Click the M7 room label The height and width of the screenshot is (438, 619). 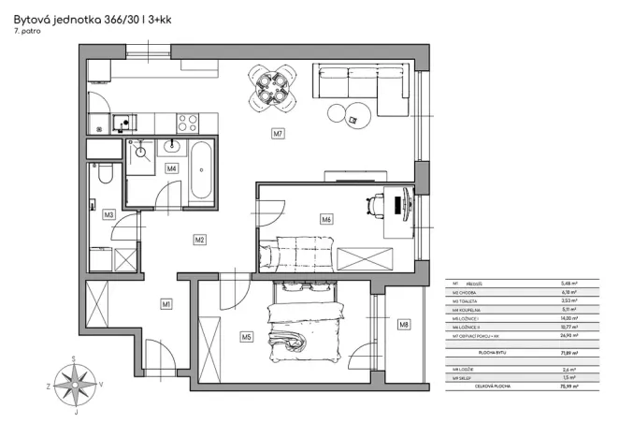pyautogui.click(x=278, y=134)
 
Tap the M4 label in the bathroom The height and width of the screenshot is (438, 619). pyautogui.click(x=171, y=168)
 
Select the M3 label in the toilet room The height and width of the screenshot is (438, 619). pyautogui.click(x=109, y=214)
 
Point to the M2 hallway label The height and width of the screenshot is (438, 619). pyautogui.click(x=199, y=240)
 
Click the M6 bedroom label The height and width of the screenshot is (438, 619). pyautogui.click(x=326, y=220)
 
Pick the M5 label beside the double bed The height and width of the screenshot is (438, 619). pyautogui.click(x=247, y=336)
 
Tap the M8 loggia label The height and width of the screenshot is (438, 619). pyautogui.click(x=404, y=325)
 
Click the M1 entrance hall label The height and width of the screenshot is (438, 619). pyautogui.click(x=166, y=303)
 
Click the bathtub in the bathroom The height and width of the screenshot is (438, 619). pyautogui.click(x=202, y=171)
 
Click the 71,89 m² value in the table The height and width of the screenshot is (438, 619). pyautogui.click(x=568, y=353)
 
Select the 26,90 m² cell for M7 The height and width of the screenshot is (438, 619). pyautogui.click(x=568, y=334)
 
